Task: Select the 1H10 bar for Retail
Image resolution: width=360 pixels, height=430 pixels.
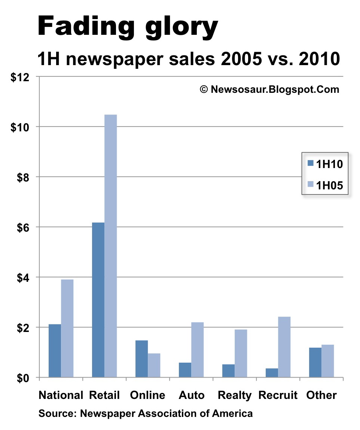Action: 98,300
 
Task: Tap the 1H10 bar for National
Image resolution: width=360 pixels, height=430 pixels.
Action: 55,351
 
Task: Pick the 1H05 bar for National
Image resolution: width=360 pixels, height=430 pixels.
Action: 67,328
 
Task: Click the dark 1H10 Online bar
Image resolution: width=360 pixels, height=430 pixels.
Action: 141,359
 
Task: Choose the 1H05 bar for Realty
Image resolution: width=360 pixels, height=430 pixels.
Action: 241,353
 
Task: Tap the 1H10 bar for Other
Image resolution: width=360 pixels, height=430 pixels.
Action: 315,362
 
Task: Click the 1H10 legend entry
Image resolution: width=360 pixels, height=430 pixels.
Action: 325,164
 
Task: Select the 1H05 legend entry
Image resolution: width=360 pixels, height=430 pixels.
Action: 325,185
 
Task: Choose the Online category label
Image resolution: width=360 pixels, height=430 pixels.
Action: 147,395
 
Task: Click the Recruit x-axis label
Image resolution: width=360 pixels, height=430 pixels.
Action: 278,395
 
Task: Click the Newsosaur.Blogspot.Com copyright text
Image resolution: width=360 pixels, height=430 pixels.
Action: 269,89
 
